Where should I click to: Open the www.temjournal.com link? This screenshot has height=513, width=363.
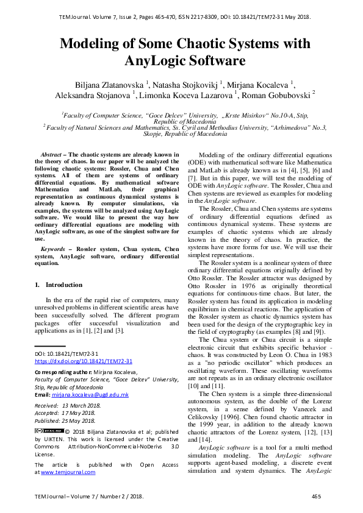pos(68,472)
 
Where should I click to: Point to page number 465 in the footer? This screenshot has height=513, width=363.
pos(316,497)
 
